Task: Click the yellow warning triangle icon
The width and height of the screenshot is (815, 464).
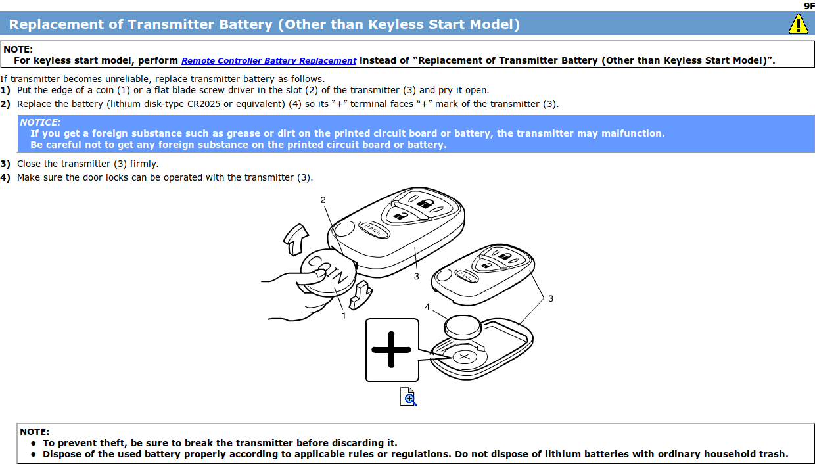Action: pos(799,24)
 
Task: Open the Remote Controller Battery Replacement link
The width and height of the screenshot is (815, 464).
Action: pos(269,60)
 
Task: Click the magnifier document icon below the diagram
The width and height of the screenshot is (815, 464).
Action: pos(408,396)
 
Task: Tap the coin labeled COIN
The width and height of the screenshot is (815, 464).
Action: pos(328,272)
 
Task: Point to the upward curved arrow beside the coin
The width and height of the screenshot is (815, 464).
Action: pos(296,239)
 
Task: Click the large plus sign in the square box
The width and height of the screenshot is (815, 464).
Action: pos(391,350)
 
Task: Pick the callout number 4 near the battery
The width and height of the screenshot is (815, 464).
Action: pos(427,307)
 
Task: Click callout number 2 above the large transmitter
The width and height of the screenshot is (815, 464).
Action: pos(323,200)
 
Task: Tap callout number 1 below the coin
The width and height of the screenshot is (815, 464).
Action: pos(344,316)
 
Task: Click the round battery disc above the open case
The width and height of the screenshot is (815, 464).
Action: pos(463,327)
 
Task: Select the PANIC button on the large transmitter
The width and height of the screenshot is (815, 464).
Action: pos(374,229)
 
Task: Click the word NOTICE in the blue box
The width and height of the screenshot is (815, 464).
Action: pos(40,122)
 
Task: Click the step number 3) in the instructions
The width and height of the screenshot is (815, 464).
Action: pos(5,164)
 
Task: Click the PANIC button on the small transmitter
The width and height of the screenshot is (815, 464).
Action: pos(466,276)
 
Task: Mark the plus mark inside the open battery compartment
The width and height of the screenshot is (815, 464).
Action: pos(464,357)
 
